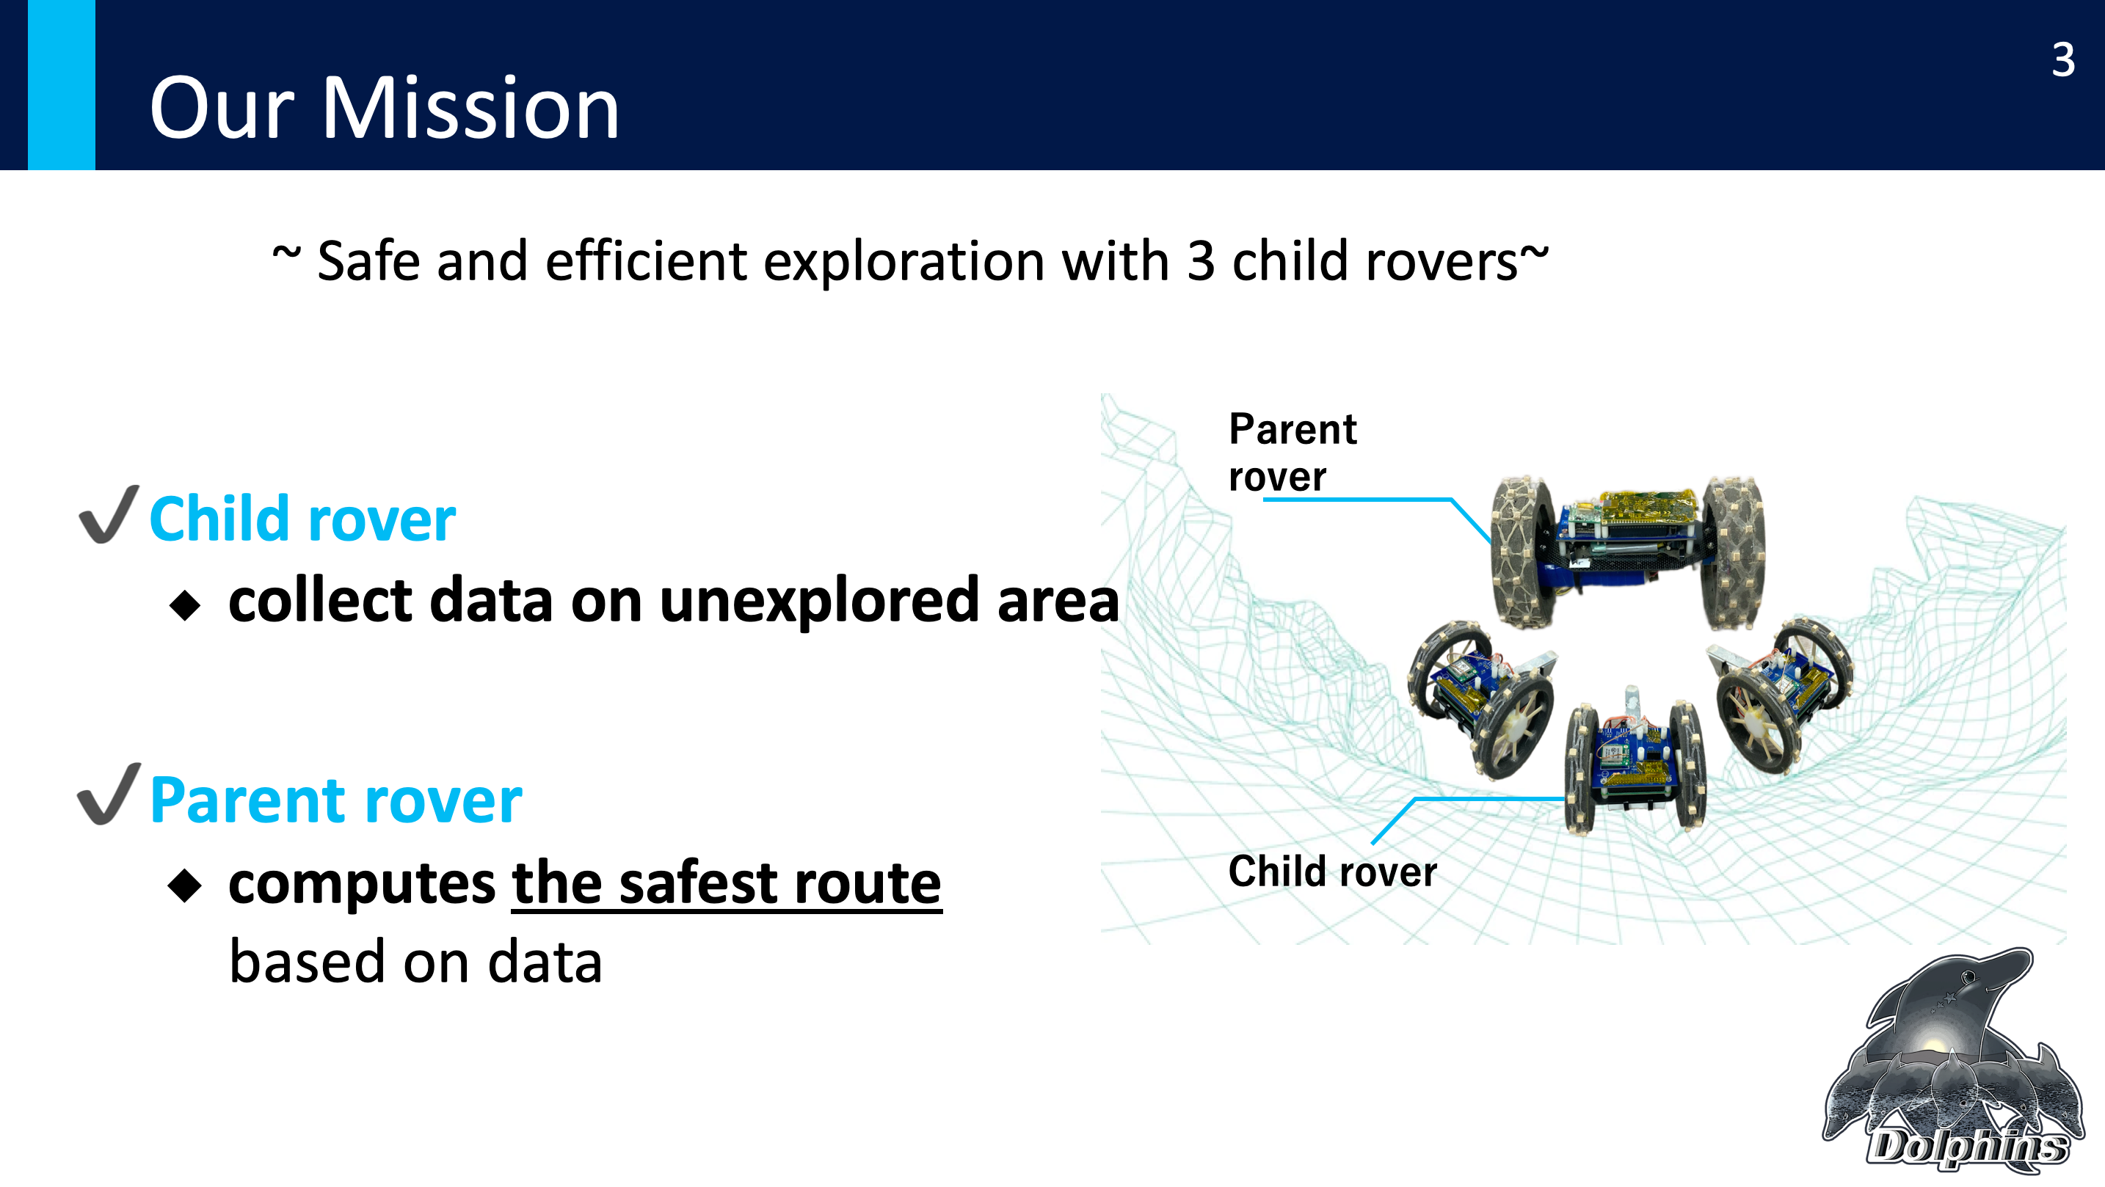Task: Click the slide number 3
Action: [2062, 59]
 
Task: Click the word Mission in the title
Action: [470, 109]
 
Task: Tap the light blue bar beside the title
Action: [62, 85]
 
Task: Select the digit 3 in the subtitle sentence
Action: [1201, 261]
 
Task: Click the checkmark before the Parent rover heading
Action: [109, 794]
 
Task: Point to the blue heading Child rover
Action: [302, 519]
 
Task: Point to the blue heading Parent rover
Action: [336, 800]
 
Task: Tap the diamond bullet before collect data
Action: [185, 605]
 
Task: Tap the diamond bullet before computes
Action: [185, 886]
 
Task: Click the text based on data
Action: [415, 963]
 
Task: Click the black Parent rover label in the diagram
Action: [1292, 452]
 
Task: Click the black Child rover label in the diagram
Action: [1332, 872]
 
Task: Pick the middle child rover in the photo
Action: [1634, 763]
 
